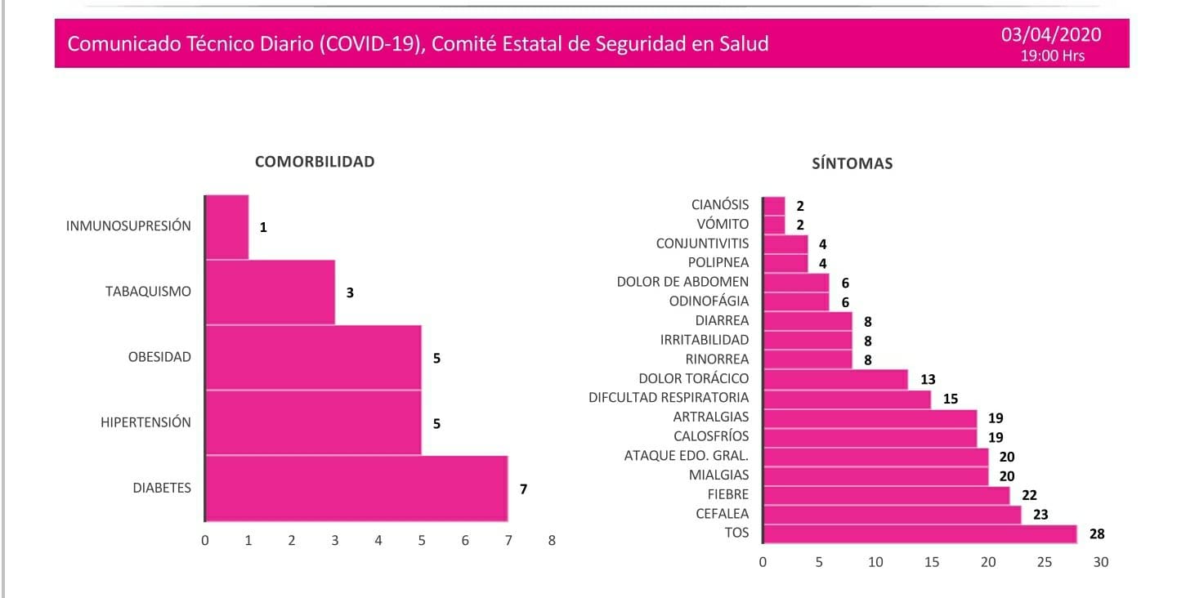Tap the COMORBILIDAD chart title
315,161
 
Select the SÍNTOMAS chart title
852,163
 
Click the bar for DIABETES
356,489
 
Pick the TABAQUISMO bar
270,292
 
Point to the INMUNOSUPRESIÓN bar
226,226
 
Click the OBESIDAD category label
159,357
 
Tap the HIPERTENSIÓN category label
145,422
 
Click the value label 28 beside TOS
1097,534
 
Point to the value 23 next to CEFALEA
1041,515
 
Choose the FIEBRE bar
886,495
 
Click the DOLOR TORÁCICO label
694,378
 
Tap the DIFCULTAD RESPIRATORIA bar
847,399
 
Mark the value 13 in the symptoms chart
927,379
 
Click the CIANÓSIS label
720,204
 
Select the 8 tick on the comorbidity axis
552,541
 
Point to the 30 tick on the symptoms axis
1100,562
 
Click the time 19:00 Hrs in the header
1052,56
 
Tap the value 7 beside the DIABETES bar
523,489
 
